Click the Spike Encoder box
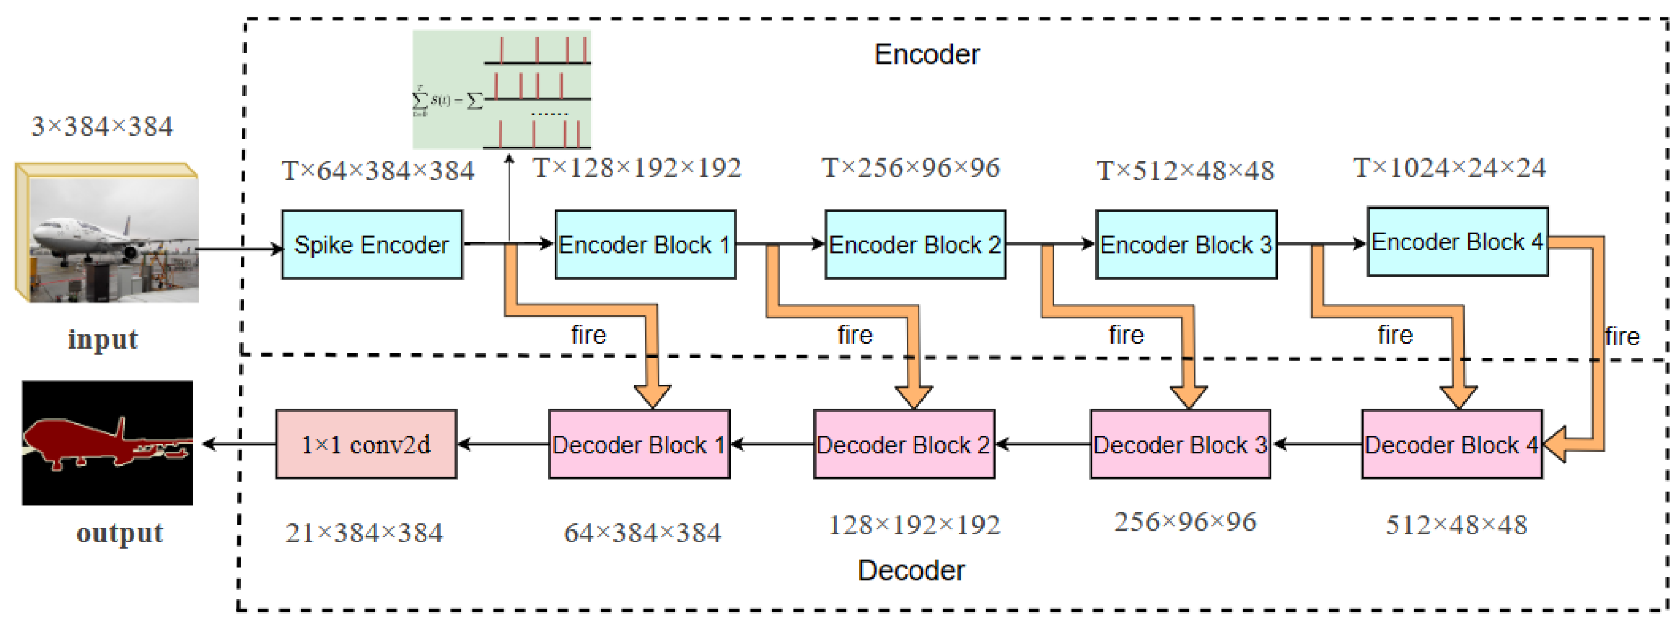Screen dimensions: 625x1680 [x=372, y=244]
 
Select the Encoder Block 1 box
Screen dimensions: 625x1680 [x=645, y=244]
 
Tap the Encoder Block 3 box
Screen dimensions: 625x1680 [x=1186, y=244]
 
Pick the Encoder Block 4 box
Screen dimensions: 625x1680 [x=1457, y=242]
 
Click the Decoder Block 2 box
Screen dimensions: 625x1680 [x=903, y=444]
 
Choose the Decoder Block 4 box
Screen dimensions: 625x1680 [x=1451, y=444]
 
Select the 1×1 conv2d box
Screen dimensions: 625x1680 [x=366, y=444]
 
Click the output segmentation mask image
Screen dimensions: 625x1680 [x=108, y=443]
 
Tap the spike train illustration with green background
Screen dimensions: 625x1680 [x=501, y=89]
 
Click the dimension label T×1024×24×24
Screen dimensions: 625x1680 [x=1449, y=168]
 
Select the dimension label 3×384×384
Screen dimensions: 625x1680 [x=102, y=126]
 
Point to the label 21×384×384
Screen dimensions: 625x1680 [x=364, y=533]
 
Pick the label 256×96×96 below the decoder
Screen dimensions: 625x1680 [x=1185, y=522]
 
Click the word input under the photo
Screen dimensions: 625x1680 [x=103, y=339]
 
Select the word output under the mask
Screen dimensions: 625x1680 [x=119, y=533]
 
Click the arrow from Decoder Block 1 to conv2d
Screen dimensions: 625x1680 [x=503, y=444]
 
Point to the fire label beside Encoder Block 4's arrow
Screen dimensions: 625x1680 [x=1622, y=337]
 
